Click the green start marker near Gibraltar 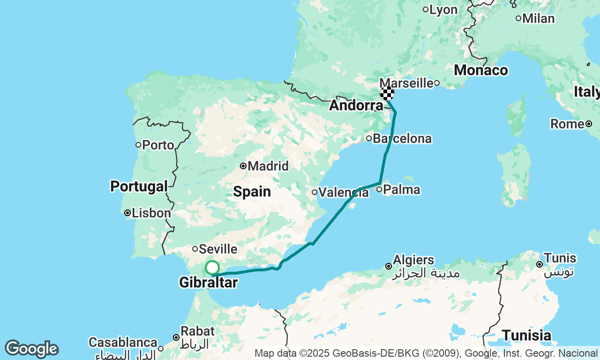pyautogui.click(x=212, y=268)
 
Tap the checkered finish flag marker pyautogui.click(x=387, y=93)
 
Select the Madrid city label pyautogui.click(x=268, y=166)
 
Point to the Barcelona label pyautogui.click(x=402, y=139)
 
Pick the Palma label pyautogui.click(x=401, y=190)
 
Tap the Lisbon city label pyautogui.click(x=151, y=213)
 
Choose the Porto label pyautogui.click(x=158, y=145)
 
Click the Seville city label pyautogui.click(x=218, y=249)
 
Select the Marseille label pyautogui.click(x=406, y=83)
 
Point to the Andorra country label pyautogui.click(x=356, y=105)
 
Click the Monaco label pyautogui.click(x=481, y=70)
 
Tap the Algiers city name pyautogui.click(x=413, y=260)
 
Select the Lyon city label pyautogui.click(x=442, y=9)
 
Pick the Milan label pyautogui.click(x=539, y=19)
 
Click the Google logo pyautogui.click(x=31, y=349)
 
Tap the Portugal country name pyautogui.click(x=139, y=187)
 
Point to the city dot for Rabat pyautogui.click(x=176, y=337)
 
